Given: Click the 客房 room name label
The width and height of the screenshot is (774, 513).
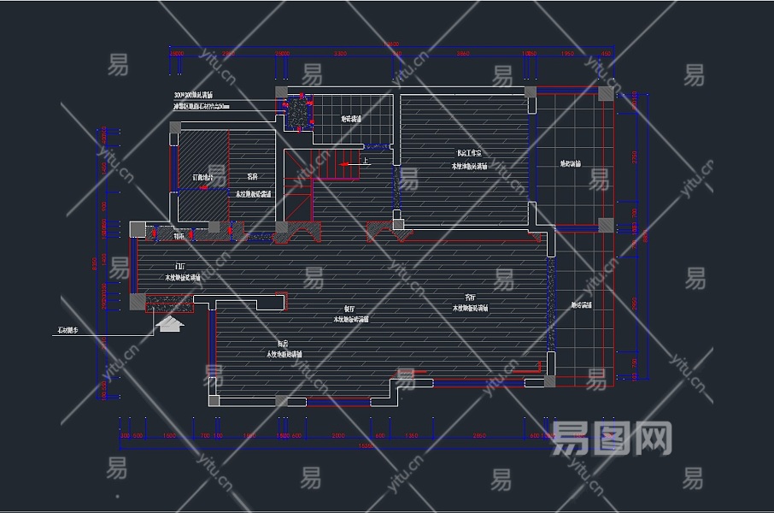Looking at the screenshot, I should coord(253,176).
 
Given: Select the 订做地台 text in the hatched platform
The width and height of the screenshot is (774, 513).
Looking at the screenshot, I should coord(202,177).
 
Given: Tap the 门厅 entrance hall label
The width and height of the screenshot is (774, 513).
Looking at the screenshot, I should coord(180,267).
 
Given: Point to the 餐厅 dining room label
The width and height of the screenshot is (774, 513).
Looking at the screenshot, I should coord(349,310).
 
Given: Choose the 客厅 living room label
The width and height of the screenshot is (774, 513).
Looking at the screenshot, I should coord(470,298).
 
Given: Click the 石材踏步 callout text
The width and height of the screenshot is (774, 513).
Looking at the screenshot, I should coord(67,329).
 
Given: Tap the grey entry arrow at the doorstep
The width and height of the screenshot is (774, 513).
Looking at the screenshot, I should coord(171,324).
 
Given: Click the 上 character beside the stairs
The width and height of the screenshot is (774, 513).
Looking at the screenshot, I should coord(366,160).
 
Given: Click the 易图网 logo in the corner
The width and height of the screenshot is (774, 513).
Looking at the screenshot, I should coord(611,438).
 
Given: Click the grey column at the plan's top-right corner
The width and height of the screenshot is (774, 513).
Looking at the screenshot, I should coord(606,92).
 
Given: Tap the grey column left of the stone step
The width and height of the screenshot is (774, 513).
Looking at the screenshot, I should coord(137,301).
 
